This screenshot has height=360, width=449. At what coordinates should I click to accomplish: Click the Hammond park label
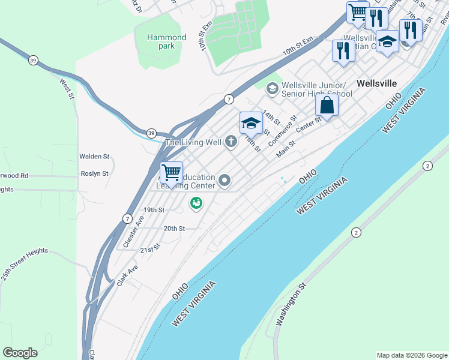(166, 41)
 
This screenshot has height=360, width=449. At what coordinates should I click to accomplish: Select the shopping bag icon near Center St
(327, 106)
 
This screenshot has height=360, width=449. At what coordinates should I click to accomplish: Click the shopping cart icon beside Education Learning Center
(172, 173)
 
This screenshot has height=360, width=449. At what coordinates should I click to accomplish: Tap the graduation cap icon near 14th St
(251, 124)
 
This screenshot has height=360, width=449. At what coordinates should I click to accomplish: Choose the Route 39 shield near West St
(34, 59)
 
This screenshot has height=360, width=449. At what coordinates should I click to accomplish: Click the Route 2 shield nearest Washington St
(356, 232)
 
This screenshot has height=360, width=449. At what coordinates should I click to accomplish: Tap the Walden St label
(94, 157)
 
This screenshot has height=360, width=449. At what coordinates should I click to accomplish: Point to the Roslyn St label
(94, 173)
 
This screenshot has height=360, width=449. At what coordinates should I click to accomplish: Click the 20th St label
(174, 229)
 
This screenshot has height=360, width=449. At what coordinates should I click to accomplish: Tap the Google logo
(20, 353)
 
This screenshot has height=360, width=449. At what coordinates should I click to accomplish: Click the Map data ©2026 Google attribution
(412, 355)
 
